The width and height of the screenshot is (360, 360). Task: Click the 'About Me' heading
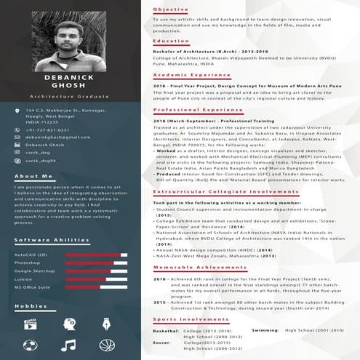33,177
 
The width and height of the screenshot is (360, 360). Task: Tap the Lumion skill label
23,279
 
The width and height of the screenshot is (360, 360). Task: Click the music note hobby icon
68,344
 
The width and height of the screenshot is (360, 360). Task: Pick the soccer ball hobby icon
30,344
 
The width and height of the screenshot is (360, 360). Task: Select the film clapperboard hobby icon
30,322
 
